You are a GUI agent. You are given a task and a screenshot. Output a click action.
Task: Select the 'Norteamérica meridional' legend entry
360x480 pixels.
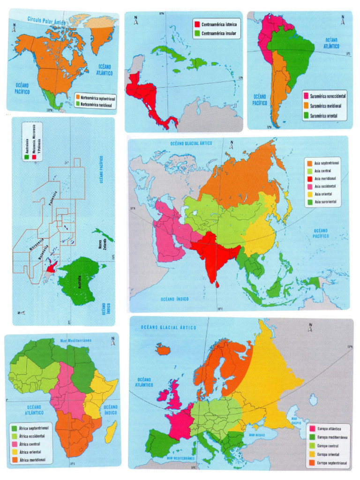[x=98, y=105]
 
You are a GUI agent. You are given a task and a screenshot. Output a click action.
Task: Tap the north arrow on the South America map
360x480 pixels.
[x=343, y=21]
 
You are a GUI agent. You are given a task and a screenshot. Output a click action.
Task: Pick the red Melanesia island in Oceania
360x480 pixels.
[x=51, y=268]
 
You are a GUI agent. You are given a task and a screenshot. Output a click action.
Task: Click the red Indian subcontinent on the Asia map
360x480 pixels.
[x=212, y=253]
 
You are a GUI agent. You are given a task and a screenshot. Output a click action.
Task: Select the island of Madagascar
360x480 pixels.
[x=111, y=431]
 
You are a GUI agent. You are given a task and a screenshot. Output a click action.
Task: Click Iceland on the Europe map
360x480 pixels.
[x=165, y=349]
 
